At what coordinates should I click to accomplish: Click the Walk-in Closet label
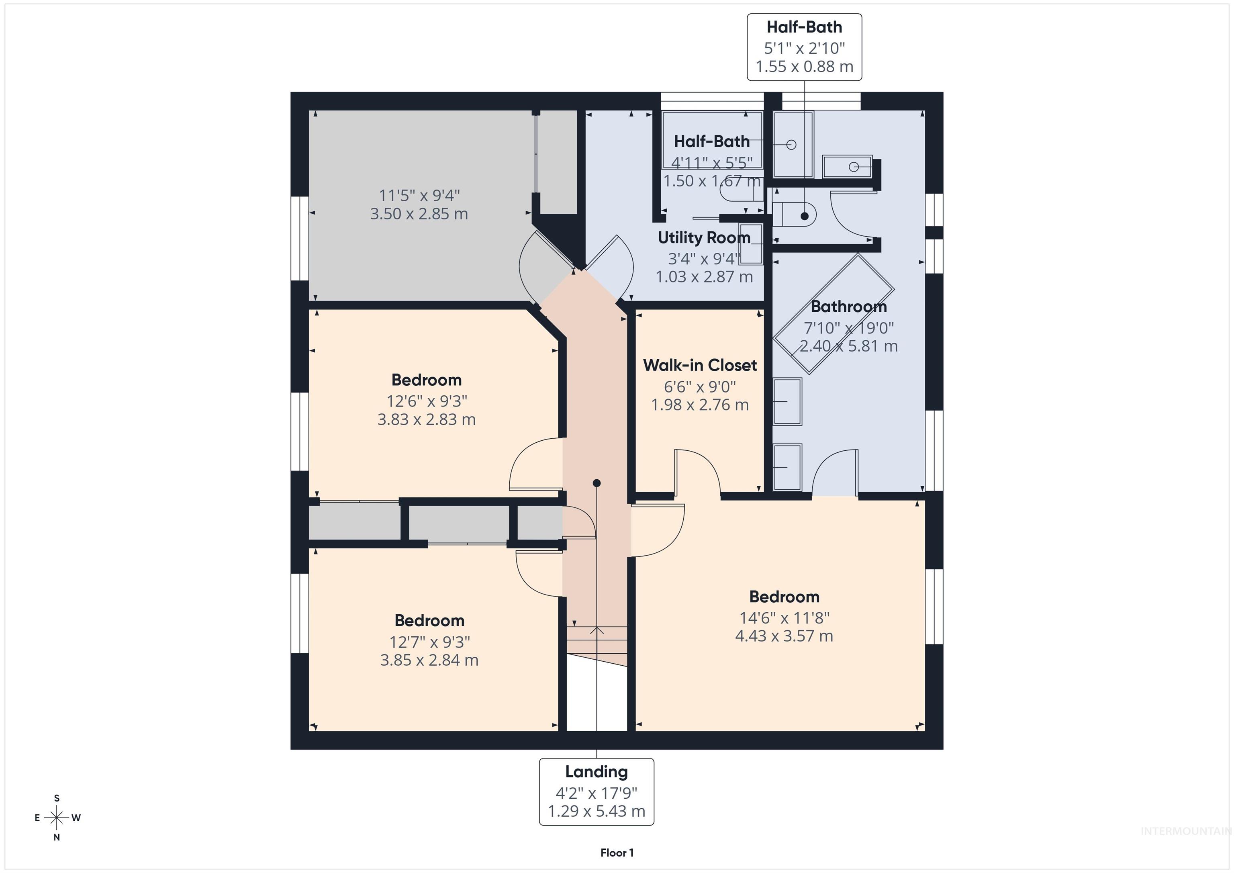tap(700, 366)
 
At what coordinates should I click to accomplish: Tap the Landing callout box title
tap(596, 772)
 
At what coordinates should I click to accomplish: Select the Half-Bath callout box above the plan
tap(804, 47)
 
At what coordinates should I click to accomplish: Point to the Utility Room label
tap(704, 237)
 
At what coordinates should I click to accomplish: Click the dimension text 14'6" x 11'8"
tap(784, 618)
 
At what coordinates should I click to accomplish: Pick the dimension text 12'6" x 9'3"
tap(427, 401)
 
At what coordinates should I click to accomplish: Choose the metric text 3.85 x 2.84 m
tap(429, 660)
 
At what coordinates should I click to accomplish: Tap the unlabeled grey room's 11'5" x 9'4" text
tap(419, 195)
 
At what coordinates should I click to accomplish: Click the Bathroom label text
tap(849, 307)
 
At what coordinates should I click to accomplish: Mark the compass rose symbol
tap(56, 818)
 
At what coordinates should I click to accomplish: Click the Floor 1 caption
tap(617, 853)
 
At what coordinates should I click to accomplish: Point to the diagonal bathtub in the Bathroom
tap(833, 315)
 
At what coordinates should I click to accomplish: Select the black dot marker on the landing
tap(597, 483)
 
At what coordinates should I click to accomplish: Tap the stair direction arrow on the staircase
tap(597, 630)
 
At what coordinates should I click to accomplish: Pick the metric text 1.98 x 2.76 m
tap(700, 405)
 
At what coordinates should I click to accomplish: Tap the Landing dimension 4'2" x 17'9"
tap(596, 793)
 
